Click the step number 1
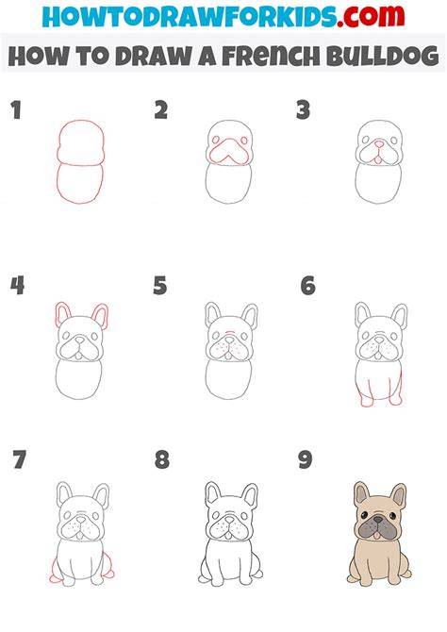tap(16, 110)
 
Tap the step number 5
tap(160, 286)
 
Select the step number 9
tap(306, 459)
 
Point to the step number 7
tap(20, 459)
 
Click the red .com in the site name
tap(371, 16)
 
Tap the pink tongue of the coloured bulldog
tap(377, 535)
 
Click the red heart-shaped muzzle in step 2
tap(229, 152)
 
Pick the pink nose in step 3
tap(379, 143)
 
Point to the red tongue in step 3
tap(378, 160)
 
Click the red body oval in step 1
tap(80, 182)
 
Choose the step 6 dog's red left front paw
tap(365, 400)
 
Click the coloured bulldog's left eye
tap(364, 515)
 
